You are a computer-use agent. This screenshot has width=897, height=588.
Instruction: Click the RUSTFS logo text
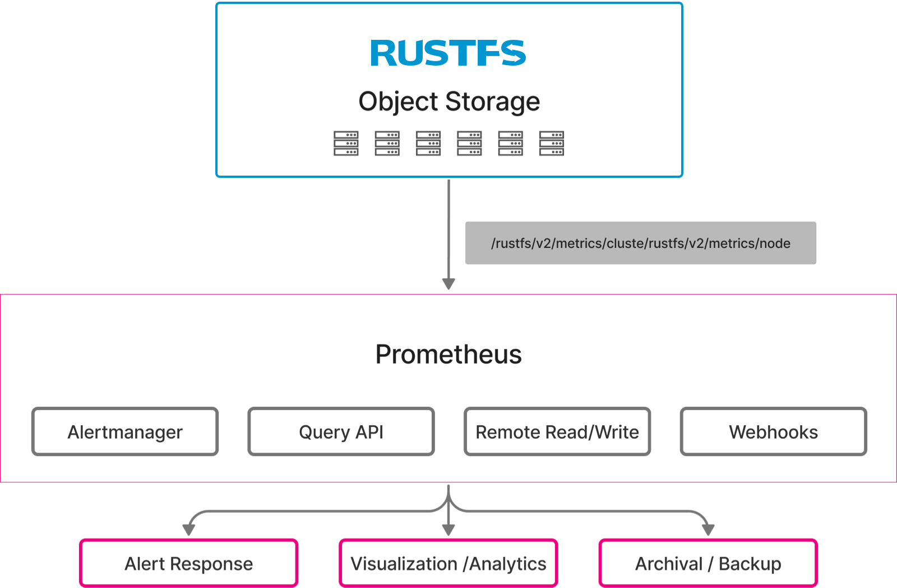(448, 53)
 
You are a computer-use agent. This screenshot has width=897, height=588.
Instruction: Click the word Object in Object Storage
(398, 102)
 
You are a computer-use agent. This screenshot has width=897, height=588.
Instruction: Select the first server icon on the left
(346, 144)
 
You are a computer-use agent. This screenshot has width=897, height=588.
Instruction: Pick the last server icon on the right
(551, 144)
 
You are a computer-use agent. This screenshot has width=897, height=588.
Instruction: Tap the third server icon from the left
(428, 144)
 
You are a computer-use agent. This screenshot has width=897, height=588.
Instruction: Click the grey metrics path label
(640, 243)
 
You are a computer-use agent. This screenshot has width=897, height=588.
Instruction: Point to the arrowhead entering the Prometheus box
(448, 283)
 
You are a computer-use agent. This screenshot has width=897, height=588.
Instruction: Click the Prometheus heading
(449, 355)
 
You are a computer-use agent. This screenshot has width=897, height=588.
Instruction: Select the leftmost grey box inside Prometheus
(124, 431)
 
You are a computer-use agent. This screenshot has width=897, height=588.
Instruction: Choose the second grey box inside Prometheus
(341, 431)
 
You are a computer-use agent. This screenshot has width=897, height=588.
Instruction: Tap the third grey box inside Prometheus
(557, 431)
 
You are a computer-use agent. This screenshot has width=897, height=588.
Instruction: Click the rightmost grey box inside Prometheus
(774, 431)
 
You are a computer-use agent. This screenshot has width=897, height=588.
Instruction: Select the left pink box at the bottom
(188, 563)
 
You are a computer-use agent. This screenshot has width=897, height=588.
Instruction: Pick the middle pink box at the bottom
(449, 563)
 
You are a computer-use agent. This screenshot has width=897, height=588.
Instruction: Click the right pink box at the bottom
(708, 563)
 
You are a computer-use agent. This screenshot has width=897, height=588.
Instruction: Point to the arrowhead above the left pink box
(188, 529)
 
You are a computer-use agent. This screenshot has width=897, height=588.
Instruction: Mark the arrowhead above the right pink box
(708, 529)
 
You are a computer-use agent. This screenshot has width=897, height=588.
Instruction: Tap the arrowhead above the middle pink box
(448, 529)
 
